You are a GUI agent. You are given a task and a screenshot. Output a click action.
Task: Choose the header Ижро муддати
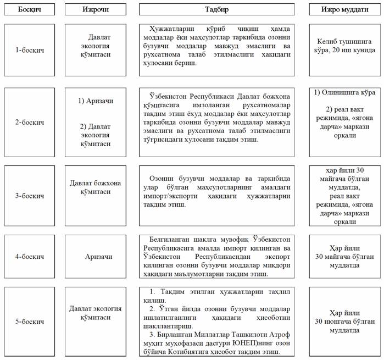click(345, 10)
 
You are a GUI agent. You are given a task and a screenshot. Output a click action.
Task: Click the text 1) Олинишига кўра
click(344, 91)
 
